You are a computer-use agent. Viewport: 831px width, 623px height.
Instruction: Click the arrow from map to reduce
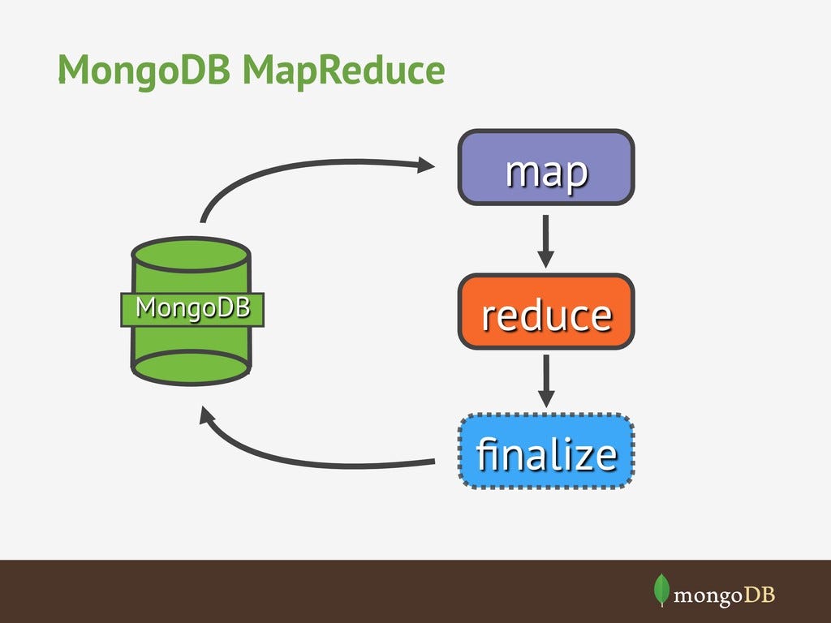(x=546, y=241)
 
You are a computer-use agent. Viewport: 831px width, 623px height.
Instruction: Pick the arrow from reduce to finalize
(x=546, y=380)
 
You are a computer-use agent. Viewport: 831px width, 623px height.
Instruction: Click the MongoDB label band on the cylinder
(x=192, y=309)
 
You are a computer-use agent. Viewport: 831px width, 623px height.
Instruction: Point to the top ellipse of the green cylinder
(x=192, y=254)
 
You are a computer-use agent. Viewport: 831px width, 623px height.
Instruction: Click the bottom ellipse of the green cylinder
(x=192, y=367)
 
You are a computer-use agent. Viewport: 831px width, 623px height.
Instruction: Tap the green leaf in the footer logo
(x=661, y=590)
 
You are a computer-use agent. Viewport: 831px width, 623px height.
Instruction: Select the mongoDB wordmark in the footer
(x=725, y=595)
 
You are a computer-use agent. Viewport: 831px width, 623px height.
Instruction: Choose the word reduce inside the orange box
(x=546, y=315)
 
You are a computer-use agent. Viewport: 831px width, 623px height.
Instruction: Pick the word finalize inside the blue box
(x=546, y=454)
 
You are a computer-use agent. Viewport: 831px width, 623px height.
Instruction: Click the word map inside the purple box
(x=546, y=171)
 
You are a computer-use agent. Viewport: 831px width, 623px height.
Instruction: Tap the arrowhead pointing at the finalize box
(x=546, y=400)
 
